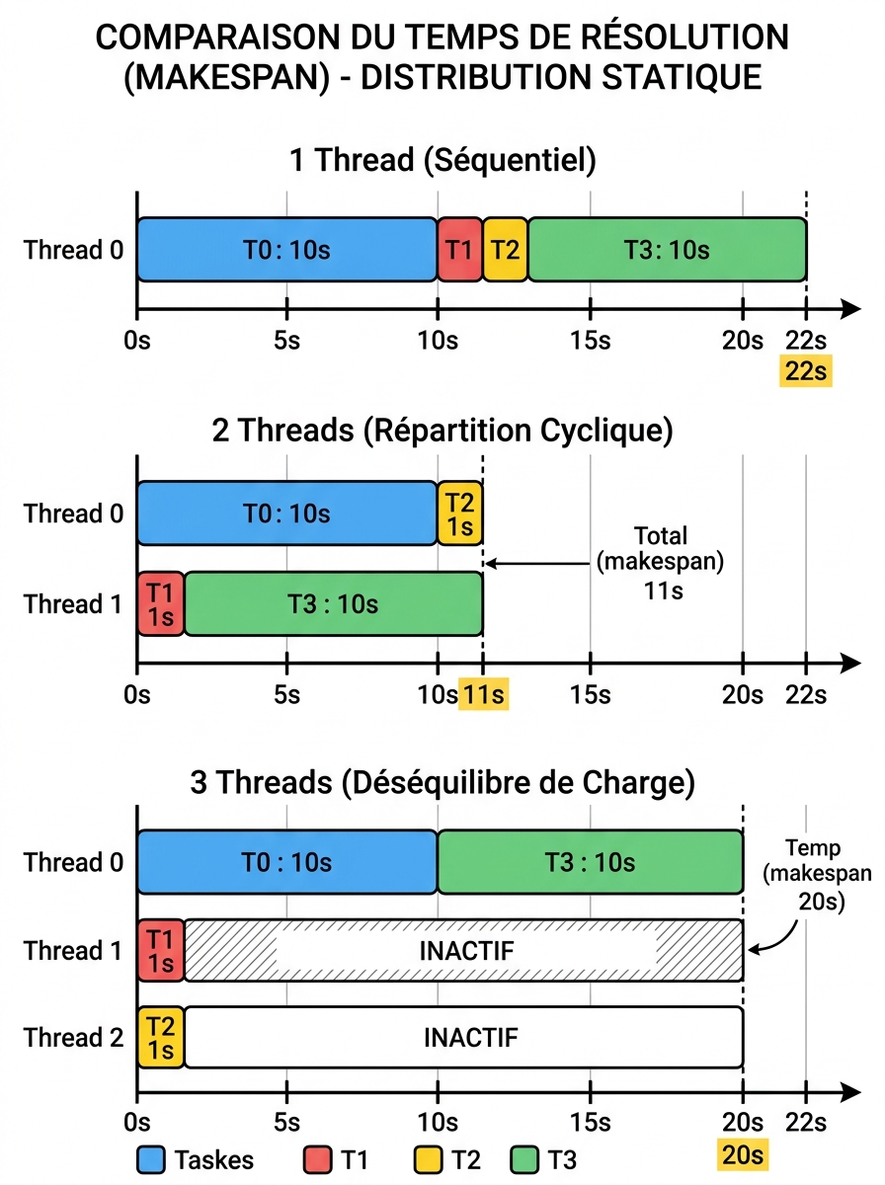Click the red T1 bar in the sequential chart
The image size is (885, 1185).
point(459,250)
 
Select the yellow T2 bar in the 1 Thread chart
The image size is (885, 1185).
point(505,250)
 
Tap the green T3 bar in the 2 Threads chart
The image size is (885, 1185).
point(333,603)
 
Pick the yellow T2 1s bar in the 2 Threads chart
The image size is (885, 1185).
point(459,513)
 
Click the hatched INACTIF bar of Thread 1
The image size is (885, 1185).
point(464,951)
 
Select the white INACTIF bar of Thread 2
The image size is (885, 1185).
point(464,1037)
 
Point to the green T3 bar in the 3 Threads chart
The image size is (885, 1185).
point(591,862)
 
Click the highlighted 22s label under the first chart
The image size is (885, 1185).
point(806,371)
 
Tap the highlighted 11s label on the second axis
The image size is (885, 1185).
point(483,694)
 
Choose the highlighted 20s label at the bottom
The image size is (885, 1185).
point(743,1154)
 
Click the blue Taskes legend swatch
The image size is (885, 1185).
point(151,1159)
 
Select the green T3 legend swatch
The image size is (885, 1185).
point(524,1159)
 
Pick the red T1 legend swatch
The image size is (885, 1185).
point(317,1159)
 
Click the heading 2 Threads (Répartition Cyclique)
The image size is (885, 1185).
point(442,431)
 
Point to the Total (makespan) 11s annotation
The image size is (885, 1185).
point(661,563)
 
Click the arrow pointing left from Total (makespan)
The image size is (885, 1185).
point(537,564)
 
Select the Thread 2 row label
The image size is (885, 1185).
point(73,1037)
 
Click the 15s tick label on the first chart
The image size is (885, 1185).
point(591,341)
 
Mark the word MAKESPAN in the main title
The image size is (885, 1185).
point(227,77)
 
